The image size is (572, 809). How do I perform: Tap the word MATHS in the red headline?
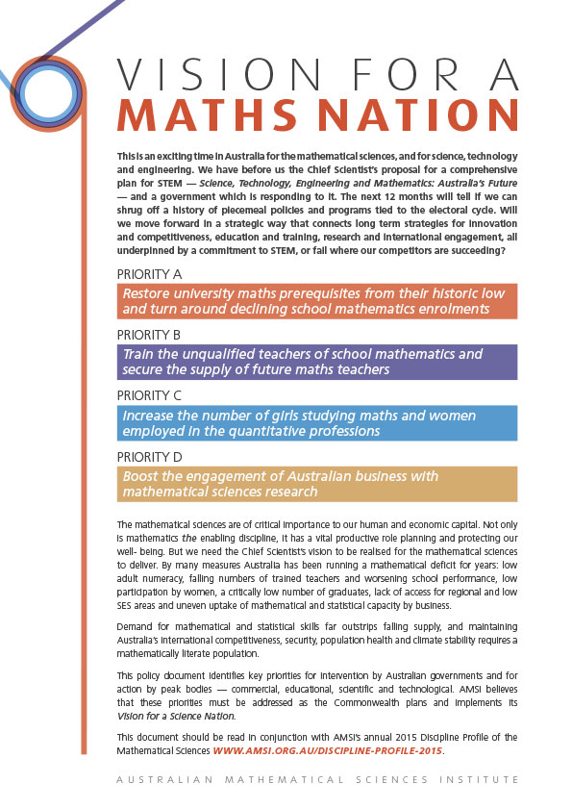tap(201, 114)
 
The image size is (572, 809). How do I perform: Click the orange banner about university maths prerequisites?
tap(317, 301)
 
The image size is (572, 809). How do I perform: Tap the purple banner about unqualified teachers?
tap(317, 362)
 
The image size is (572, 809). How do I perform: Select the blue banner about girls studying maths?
tap(317, 423)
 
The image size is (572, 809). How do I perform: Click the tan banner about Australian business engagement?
tap(317, 484)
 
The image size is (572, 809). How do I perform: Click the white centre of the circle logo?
tap(45, 91)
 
